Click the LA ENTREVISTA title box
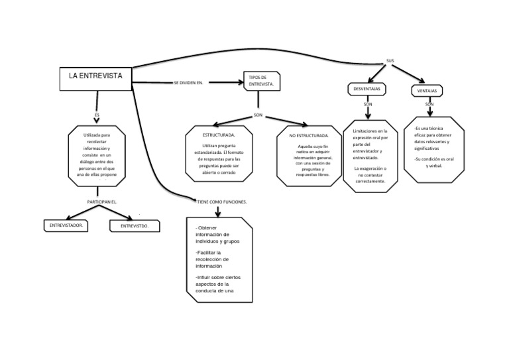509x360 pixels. (x=95, y=77)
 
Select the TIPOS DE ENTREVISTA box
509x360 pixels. (x=262, y=82)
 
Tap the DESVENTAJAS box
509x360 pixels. (x=367, y=90)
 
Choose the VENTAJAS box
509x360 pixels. (x=427, y=90)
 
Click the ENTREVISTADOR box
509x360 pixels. (x=66, y=226)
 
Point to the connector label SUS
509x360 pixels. (x=390, y=60)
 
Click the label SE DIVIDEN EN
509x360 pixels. (x=188, y=83)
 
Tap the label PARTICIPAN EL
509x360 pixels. (x=102, y=200)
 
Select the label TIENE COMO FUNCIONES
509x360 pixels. (x=222, y=200)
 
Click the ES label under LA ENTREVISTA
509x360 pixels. (x=97, y=114)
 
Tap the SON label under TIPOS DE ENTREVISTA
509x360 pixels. (x=258, y=115)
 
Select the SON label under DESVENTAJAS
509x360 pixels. (x=368, y=105)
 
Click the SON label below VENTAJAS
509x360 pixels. (x=429, y=105)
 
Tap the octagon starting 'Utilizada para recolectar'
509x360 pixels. (x=97, y=156)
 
